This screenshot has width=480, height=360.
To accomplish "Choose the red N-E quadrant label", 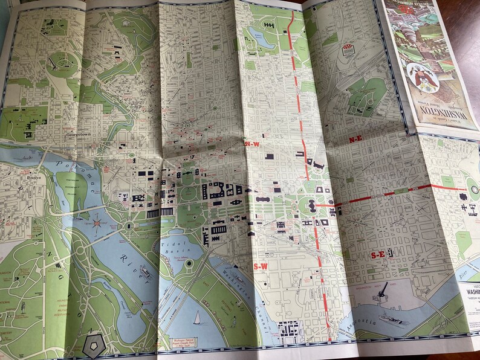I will (355, 140).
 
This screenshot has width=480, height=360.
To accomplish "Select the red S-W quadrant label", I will (260, 266).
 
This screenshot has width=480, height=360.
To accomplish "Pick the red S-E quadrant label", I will (379, 255).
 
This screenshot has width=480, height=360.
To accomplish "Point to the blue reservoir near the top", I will (260, 36).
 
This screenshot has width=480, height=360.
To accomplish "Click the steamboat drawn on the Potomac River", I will (145, 272).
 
